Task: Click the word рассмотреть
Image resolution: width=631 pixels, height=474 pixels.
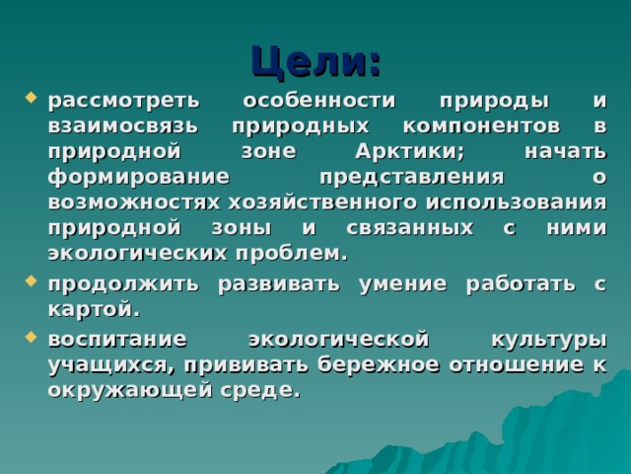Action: (124, 101)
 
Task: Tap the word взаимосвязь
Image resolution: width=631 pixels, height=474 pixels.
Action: (123, 126)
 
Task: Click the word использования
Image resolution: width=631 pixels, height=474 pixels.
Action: (519, 203)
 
